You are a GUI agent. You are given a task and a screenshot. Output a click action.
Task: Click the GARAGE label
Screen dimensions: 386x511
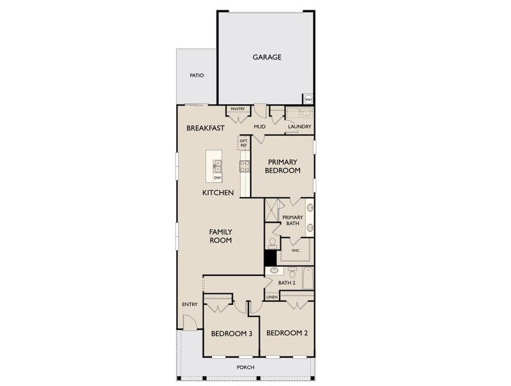point(266,57)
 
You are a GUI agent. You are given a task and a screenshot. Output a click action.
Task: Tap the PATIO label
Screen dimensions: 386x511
point(197,75)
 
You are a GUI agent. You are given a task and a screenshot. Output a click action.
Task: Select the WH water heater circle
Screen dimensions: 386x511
point(308,99)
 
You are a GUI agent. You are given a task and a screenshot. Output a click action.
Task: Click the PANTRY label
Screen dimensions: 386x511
point(238,109)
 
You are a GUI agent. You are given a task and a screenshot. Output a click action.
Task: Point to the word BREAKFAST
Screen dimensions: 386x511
point(206,128)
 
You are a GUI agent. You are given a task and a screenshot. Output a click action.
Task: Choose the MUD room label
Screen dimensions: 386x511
point(260,127)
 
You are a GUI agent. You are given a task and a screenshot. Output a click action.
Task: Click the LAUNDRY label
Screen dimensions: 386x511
point(299,127)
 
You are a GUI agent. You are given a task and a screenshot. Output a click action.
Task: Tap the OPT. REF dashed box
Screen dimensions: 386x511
point(244,144)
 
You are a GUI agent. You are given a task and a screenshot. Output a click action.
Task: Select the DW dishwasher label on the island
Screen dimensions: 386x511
point(217,178)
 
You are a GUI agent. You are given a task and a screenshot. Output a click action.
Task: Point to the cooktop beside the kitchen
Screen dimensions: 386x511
point(245,167)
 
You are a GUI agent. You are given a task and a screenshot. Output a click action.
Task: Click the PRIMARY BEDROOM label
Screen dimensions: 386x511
point(283,166)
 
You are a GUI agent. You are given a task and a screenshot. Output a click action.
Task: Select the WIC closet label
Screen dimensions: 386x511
point(296,250)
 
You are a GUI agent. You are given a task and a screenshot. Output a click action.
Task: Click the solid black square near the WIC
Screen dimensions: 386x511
point(271,257)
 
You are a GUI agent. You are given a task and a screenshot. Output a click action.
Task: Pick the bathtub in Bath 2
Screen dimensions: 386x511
point(308,278)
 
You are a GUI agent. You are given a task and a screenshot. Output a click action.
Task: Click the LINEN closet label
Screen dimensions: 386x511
point(272,297)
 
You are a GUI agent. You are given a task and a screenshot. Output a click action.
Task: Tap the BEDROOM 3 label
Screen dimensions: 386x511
point(231,333)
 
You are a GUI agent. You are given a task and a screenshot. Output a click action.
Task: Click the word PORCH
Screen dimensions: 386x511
point(246,367)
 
